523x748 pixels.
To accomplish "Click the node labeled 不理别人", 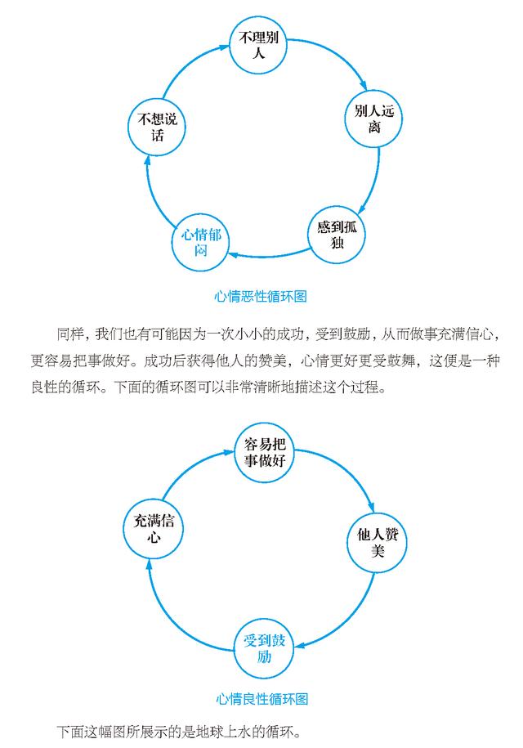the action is click(258, 45).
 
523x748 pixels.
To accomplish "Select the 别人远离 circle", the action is click(373, 119).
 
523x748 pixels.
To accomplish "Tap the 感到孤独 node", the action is click(337, 235).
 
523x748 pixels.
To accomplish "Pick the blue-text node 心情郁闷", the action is click(200, 242).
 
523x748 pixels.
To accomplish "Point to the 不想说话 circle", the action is click(157, 127).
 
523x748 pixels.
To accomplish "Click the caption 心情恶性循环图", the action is click(261, 296).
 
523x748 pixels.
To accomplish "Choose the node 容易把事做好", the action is click(265, 452).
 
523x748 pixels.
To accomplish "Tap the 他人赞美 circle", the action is click(377, 542).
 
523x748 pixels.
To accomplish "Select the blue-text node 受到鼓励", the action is click(264, 648).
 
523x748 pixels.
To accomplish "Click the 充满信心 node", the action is click(153, 529).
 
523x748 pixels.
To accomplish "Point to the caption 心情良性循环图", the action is click(261, 699).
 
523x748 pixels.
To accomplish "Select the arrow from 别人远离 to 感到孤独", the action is click(376, 181).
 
